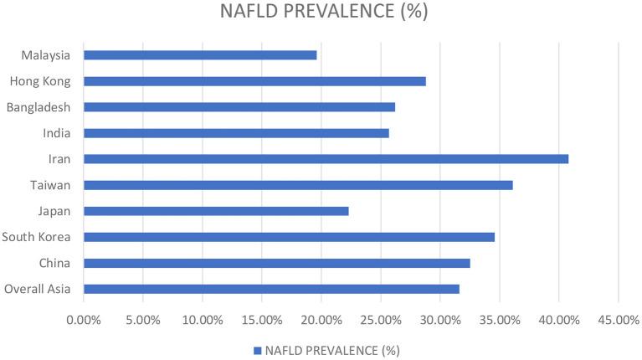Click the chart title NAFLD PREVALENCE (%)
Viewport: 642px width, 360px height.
click(321, 14)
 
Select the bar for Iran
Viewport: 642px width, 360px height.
click(326, 159)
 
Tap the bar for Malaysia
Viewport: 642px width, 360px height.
click(200, 55)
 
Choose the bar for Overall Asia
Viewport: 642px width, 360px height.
click(271, 289)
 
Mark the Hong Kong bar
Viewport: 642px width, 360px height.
click(254, 81)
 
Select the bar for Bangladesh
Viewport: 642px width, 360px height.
click(239, 107)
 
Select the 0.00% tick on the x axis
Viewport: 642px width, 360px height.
click(84, 320)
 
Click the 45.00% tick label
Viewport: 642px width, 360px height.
click(618, 320)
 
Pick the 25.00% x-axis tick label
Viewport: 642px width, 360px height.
click(381, 320)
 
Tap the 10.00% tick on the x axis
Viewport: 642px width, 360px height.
click(203, 320)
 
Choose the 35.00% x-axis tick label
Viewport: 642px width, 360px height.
click(499, 320)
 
